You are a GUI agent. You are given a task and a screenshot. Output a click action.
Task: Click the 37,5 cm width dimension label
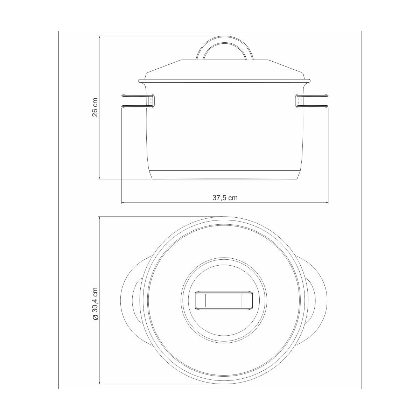(225, 198)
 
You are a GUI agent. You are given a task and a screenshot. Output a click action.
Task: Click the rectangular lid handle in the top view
(224, 300)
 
